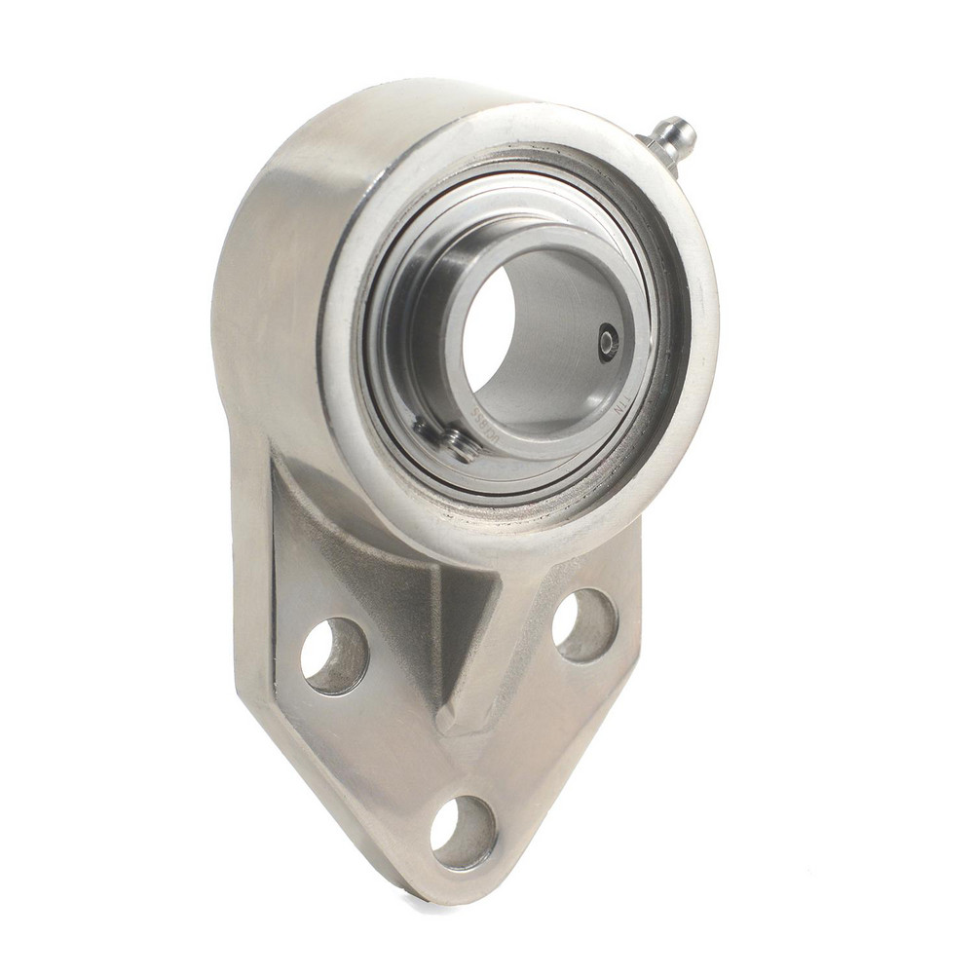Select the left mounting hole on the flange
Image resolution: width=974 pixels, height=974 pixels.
click(x=334, y=656)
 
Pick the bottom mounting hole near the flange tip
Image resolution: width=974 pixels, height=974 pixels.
click(x=463, y=833)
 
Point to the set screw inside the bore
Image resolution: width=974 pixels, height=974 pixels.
click(x=608, y=342)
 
